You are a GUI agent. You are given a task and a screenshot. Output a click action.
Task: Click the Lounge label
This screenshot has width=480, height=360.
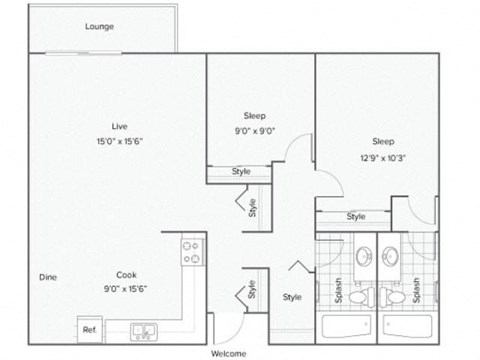pos(99,26)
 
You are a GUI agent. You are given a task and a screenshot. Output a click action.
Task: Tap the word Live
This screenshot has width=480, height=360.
pos(119,125)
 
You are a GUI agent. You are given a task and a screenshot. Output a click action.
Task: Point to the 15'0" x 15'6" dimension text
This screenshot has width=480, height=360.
pos(119,140)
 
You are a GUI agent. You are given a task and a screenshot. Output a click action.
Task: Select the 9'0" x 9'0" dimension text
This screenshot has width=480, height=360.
pos(253,130)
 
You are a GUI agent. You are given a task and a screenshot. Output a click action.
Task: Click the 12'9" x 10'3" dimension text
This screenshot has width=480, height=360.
pos(382,156)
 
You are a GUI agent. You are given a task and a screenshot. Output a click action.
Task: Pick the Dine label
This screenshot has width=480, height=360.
pos(47,277)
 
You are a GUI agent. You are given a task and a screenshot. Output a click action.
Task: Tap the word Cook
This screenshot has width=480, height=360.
pos(125,275)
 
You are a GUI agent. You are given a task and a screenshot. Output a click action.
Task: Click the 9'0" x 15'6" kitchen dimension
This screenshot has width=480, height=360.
pos(125,288)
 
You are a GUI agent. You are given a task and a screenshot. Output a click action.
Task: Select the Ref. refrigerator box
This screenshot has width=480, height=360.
pos(89,329)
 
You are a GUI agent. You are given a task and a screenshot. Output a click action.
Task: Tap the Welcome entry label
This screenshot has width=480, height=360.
pos(229,353)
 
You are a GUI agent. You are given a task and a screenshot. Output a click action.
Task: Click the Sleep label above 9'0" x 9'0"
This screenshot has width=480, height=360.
pos(253,116)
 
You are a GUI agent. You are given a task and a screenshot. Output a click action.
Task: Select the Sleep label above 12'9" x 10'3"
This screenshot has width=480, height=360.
pos(382,141)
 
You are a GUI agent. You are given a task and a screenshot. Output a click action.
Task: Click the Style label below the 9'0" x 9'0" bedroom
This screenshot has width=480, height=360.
pos(241,172)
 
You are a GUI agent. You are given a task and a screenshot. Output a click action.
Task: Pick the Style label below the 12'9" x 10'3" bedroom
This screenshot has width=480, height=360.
pos(356,216)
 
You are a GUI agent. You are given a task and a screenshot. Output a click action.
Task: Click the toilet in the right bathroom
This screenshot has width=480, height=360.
pos(396,297)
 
